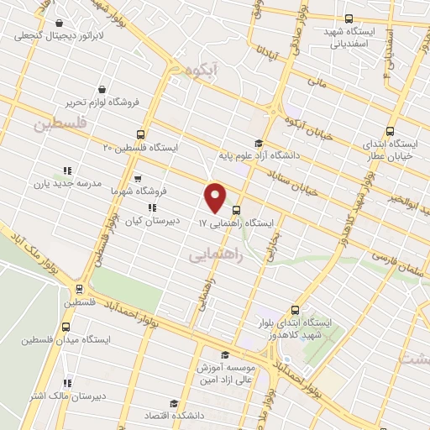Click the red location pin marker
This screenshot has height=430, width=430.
216,197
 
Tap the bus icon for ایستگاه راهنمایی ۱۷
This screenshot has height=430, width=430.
236,211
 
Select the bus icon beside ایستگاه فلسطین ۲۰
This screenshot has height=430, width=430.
141,134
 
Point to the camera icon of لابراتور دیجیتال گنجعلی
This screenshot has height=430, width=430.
58,24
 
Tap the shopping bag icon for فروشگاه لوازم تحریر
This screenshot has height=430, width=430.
102,89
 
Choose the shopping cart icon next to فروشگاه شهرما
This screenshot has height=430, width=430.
137,178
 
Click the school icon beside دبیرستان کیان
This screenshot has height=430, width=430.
152,207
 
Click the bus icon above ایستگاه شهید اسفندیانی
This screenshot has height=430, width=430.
349,18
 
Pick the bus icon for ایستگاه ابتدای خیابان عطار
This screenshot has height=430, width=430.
390,131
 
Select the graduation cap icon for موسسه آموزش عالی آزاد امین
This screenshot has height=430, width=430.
225,354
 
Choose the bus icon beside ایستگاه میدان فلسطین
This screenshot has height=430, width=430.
66,326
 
